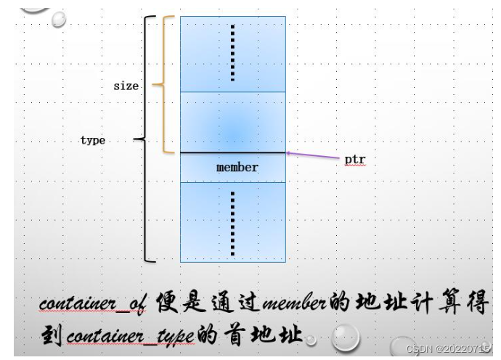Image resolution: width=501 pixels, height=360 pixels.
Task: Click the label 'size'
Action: coord(126,86)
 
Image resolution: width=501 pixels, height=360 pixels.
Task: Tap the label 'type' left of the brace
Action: coord(92,140)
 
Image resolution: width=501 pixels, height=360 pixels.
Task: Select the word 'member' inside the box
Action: coord(237,168)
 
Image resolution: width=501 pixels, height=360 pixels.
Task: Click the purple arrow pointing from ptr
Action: coord(312,155)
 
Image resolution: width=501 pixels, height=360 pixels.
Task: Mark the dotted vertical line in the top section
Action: coord(232,52)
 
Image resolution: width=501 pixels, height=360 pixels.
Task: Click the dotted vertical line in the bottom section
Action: coord(232,223)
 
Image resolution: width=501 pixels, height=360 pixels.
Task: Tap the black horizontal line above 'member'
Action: coord(232,152)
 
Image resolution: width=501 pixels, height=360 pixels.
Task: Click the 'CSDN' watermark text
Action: coord(420,349)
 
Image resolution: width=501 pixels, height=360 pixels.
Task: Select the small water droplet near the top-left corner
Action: coord(60,20)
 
